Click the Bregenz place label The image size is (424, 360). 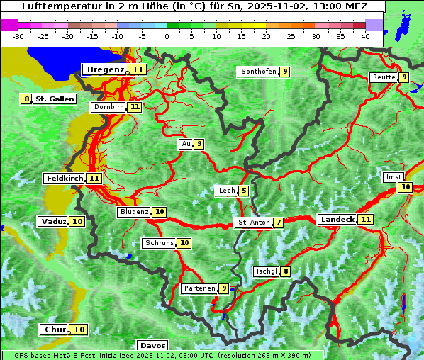[106, 69]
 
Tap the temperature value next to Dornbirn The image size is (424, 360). [134, 107]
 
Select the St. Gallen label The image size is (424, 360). [55, 99]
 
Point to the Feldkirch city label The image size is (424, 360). [65, 178]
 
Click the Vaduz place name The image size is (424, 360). [53, 221]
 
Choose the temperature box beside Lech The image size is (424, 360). [243, 191]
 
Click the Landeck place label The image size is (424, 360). [337, 220]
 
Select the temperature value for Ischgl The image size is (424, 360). [285, 271]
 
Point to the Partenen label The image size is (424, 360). [199, 288]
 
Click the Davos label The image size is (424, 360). [152, 345]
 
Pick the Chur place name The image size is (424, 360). [55, 330]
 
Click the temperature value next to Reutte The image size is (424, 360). [403, 77]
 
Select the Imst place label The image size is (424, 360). [393, 177]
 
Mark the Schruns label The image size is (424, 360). [159, 243]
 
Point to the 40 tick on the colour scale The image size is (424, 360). [365, 35]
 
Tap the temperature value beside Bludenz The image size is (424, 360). [160, 212]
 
